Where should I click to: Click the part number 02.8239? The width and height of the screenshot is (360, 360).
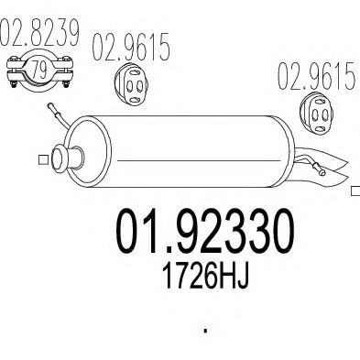39,35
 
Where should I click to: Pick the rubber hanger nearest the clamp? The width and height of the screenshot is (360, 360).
129,82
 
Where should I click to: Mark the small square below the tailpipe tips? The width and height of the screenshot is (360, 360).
355,191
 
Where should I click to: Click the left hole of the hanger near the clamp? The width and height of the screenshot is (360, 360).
124,83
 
